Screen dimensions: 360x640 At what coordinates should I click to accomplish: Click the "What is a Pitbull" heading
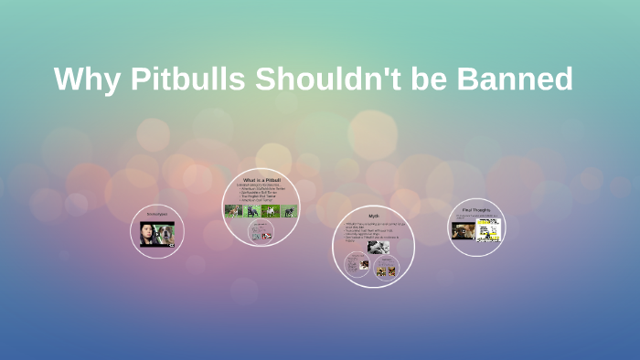261,180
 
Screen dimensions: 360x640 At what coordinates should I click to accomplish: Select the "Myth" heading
373,216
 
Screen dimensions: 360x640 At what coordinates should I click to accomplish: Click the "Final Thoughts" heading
477,209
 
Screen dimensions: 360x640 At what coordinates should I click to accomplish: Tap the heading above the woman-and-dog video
157,214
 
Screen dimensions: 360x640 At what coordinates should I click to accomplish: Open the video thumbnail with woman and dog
157,234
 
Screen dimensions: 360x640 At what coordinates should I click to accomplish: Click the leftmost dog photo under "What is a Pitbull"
232,211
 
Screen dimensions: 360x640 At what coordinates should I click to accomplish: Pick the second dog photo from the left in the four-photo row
251,211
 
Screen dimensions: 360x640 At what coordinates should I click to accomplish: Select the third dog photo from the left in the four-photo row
270,211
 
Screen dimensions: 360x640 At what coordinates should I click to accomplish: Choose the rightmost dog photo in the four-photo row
289,211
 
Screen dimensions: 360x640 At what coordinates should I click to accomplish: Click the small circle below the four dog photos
261,234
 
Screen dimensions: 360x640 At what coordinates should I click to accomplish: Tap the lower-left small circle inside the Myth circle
357,265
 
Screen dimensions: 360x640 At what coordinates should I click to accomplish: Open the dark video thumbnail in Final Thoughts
464,229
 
